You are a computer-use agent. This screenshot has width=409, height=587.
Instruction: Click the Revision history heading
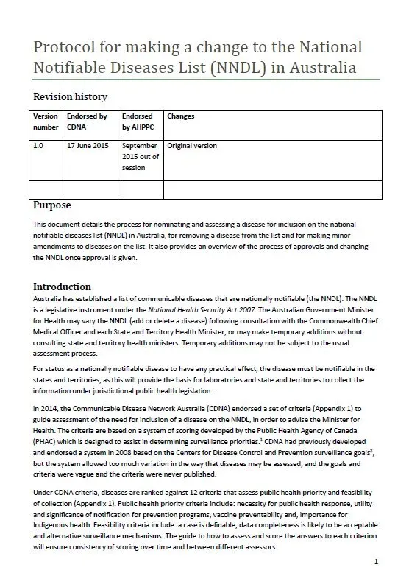71,96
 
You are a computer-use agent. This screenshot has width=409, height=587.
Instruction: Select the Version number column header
46,122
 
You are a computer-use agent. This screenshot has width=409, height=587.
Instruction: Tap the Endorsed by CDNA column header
87,122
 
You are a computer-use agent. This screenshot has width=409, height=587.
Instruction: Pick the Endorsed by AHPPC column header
138,122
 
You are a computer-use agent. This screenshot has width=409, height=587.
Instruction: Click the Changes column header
181,116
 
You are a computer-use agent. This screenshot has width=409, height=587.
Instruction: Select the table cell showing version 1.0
39,146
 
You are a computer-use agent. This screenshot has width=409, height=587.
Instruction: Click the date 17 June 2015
87,146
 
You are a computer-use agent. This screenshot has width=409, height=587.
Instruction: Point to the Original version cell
192,146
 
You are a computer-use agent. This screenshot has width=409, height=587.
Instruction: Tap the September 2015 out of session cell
139,156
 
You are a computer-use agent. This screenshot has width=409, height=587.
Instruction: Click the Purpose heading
52,205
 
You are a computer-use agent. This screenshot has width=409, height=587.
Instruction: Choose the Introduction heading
63,286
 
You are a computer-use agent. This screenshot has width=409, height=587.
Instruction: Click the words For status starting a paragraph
48,368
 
